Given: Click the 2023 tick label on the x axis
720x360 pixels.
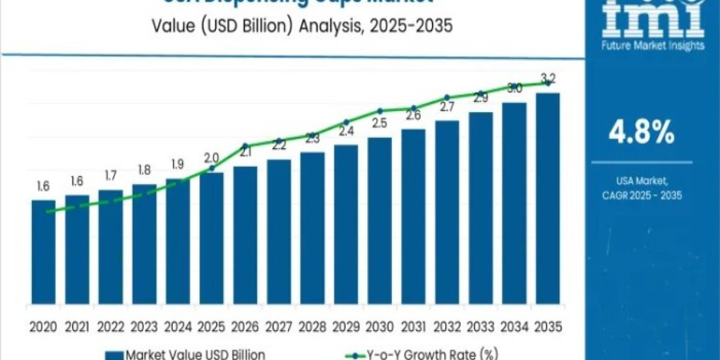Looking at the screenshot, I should [x=144, y=327].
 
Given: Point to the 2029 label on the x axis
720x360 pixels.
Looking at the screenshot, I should [x=346, y=327].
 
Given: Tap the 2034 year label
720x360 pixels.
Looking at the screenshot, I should [x=514, y=327].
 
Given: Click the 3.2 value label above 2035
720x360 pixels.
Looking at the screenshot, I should [x=548, y=78].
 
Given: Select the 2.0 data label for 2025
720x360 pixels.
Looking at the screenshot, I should [x=211, y=157].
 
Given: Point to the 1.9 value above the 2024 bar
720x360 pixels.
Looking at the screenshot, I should [x=178, y=164].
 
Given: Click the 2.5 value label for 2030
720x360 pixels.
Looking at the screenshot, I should [x=379, y=124].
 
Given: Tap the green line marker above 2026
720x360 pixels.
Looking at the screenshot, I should [x=245, y=146].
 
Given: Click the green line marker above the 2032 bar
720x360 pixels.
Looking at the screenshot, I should [x=447, y=97].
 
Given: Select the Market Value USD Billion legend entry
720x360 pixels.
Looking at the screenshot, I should [x=186, y=355].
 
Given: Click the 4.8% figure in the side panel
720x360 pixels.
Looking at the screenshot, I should [x=641, y=133].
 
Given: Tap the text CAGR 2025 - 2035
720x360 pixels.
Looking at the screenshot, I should [x=641, y=196].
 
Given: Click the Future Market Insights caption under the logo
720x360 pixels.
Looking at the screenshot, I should [x=653, y=45].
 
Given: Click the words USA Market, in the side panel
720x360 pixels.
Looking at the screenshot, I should [x=641, y=181].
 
